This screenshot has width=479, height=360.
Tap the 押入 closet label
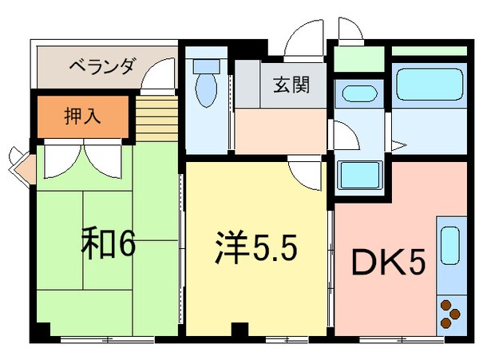pos(82,115)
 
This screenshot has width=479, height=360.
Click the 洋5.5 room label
pos(255,247)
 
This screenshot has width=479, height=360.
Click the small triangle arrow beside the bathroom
pos(401,145)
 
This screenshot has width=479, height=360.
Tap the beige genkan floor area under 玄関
pos(279,128)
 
